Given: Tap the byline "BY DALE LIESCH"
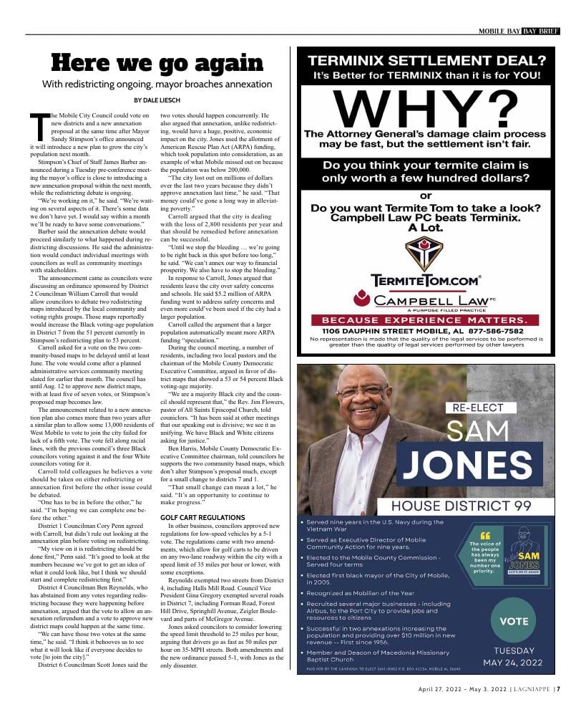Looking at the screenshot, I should pos(157,100).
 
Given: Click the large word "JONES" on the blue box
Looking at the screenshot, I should pos(477,465).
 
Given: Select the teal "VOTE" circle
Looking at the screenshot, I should pos(514,621).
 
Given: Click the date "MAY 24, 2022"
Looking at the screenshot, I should pos(514,662).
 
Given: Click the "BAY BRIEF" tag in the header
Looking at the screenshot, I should pos(540,31).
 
